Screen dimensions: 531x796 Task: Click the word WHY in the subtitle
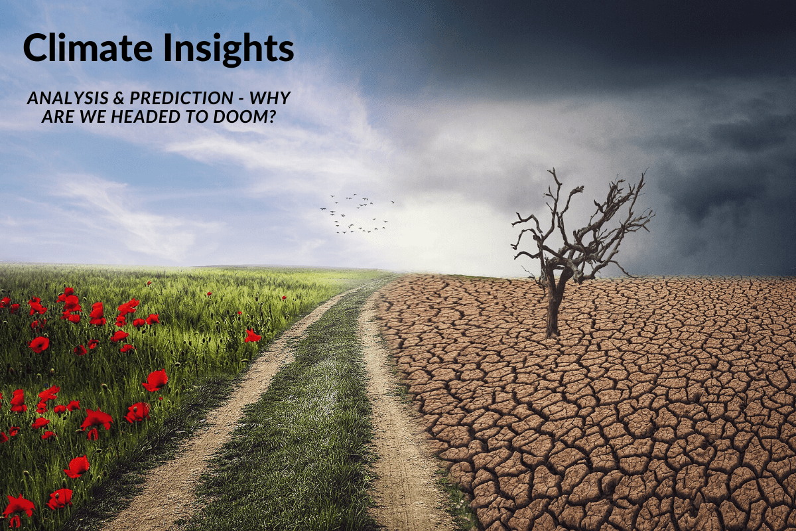tap(272, 98)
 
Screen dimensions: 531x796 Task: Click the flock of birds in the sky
tap(355, 212)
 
